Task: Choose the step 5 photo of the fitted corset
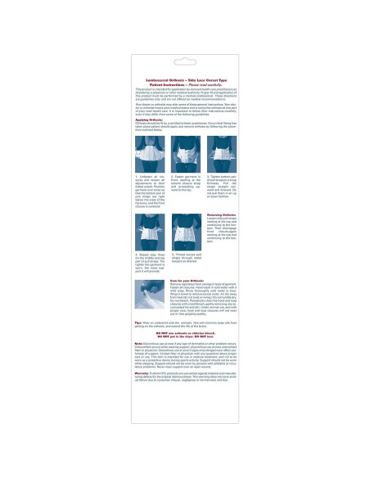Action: pyautogui.click(x=185, y=235)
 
